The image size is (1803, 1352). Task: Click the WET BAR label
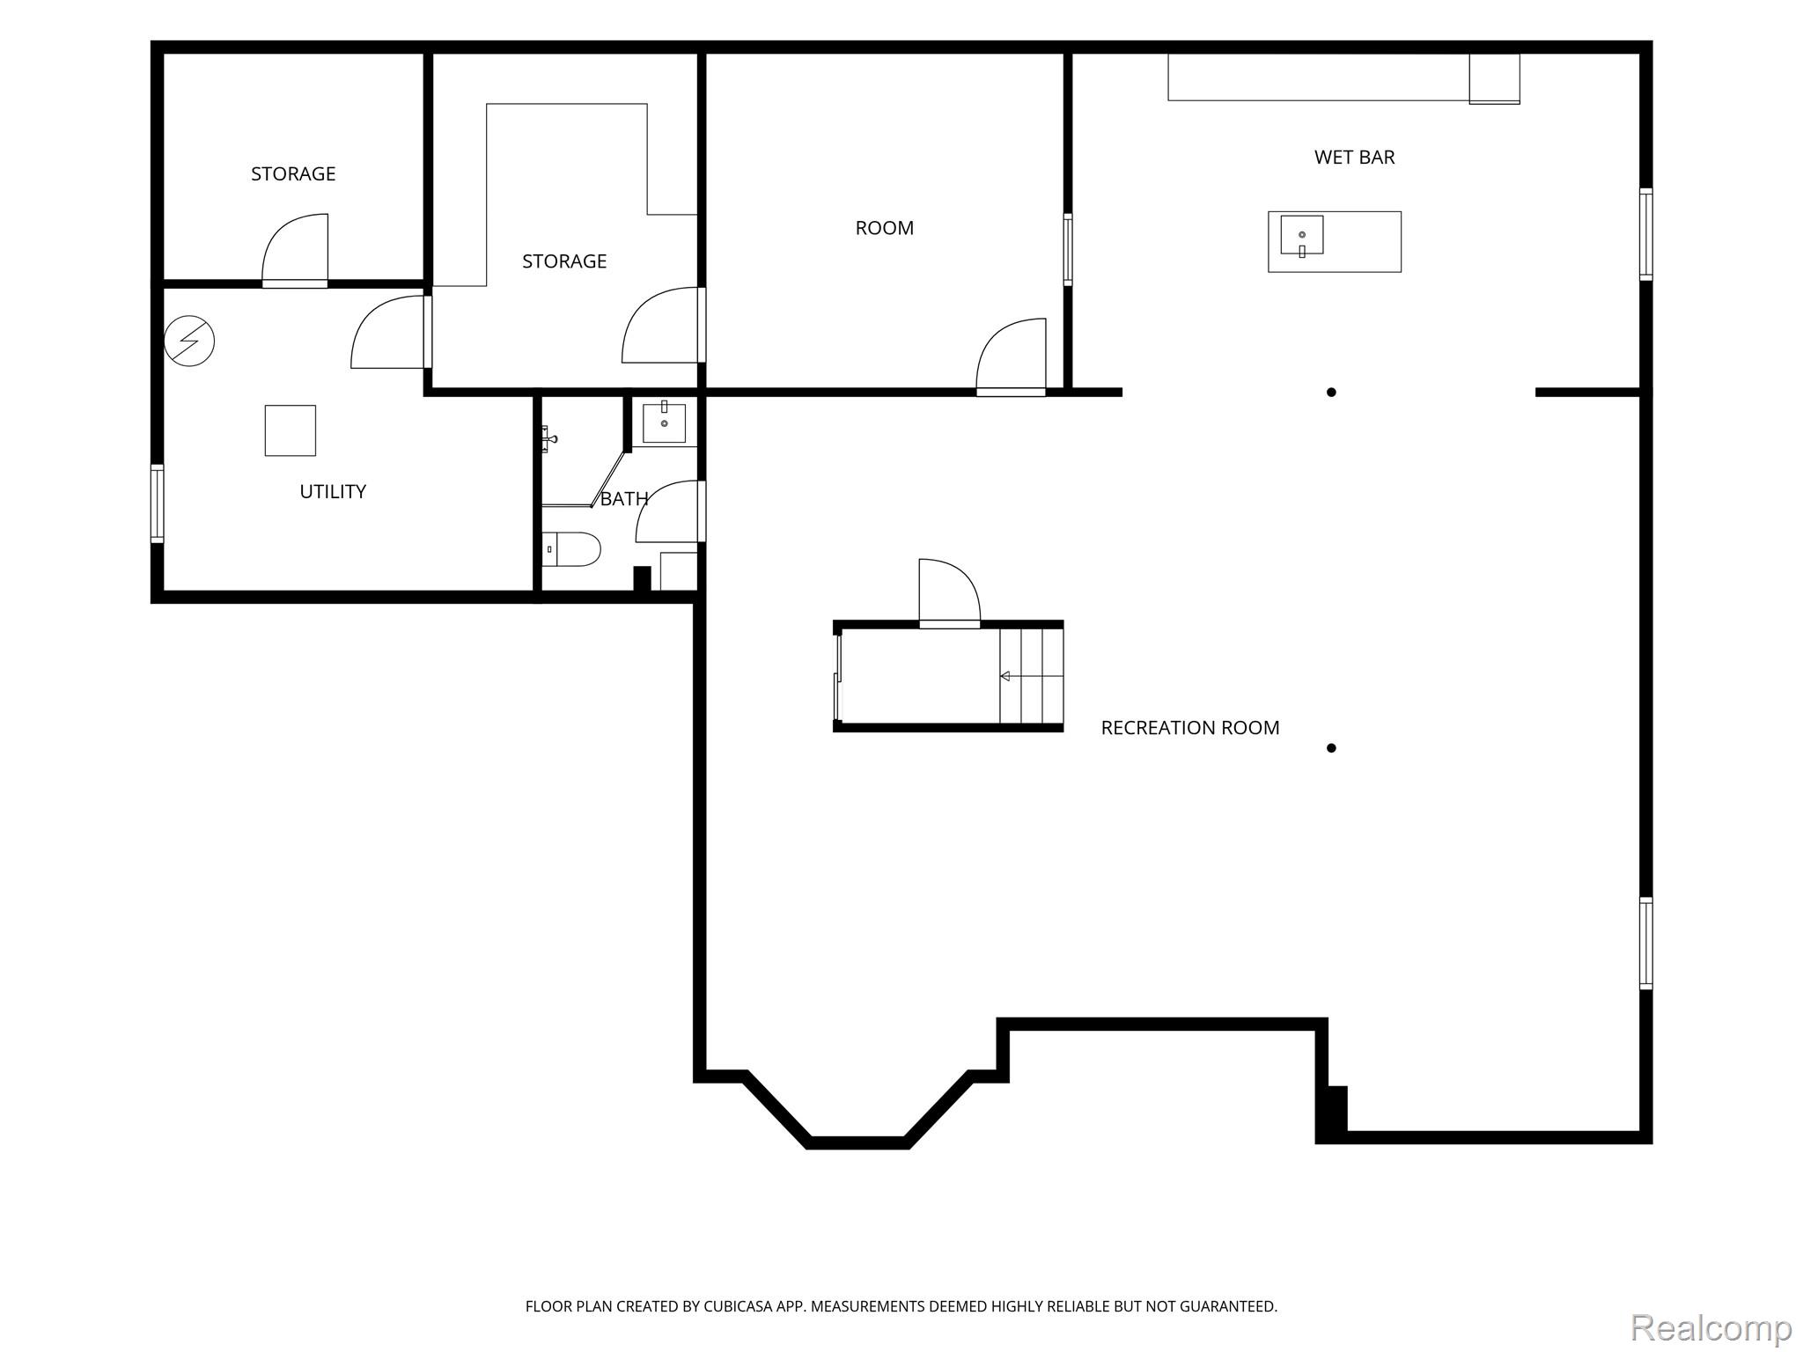pos(1354,158)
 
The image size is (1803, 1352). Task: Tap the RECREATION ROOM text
pos(1190,728)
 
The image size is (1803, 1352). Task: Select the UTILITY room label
pos(333,492)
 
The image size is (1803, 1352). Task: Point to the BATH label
pos(624,499)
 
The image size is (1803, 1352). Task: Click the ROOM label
pos(885,228)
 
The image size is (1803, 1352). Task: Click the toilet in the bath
pos(571,549)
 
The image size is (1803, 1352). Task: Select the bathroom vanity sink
pos(664,423)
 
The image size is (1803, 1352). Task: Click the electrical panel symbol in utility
pos(189,341)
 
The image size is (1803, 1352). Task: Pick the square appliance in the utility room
pos(291,430)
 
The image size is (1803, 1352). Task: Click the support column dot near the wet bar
pos(1331,393)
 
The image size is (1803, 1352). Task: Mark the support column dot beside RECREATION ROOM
pos(1331,748)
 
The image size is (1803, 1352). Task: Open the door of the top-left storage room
pos(295,251)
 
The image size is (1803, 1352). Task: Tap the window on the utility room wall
pos(157,503)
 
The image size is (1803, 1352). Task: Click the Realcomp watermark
pos(1711,1328)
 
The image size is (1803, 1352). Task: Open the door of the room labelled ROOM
pos(1011,356)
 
